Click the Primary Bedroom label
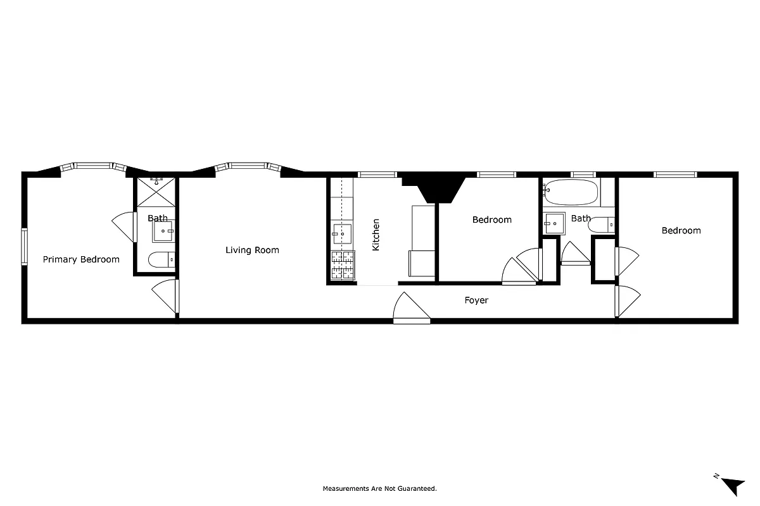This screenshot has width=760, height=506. [81, 259]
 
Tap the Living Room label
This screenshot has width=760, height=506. [252, 250]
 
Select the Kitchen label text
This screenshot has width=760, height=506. [376, 235]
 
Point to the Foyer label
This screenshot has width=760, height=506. [476, 300]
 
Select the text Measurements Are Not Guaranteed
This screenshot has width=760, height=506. [380, 488]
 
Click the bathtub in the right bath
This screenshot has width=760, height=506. [571, 192]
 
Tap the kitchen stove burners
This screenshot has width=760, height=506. [343, 265]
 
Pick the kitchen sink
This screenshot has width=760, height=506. [342, 234]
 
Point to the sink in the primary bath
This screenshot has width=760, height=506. [164, 231]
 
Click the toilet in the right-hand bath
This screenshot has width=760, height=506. [601, 224]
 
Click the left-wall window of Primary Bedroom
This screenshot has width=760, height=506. [25, 247]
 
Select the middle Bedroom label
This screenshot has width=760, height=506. [491, 219]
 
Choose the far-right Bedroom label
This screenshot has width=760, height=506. [681, 230]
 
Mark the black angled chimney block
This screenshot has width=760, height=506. [437, 187]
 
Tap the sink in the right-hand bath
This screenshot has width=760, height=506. [555, 221]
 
